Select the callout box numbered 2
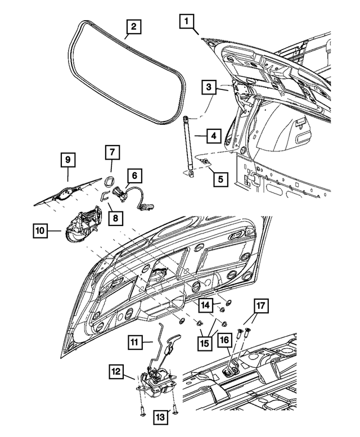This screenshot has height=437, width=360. [133, 27]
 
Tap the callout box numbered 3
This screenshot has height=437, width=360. [208, 88]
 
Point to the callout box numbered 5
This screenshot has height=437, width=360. [221, 180]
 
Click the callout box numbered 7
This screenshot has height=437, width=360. [111, 152]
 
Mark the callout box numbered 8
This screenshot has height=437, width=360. [117, 217]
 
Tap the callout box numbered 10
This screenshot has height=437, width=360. [40, 230]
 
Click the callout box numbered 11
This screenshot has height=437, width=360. [134, 341]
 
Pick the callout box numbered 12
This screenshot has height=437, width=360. [116, 372]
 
